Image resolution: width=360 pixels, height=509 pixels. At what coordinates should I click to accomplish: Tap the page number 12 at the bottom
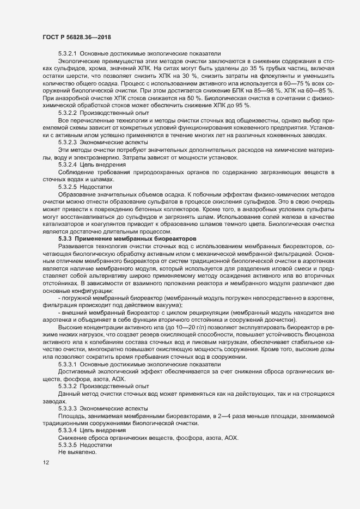[45, 463]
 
